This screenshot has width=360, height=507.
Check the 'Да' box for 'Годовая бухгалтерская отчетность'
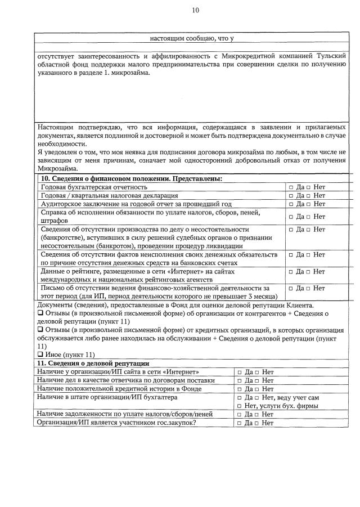291,187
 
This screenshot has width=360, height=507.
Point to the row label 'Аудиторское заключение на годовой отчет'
129,204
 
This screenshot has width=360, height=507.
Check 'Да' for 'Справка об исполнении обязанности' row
291,217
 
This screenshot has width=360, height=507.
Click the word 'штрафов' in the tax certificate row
55,221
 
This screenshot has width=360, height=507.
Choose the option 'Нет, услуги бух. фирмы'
239,406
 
